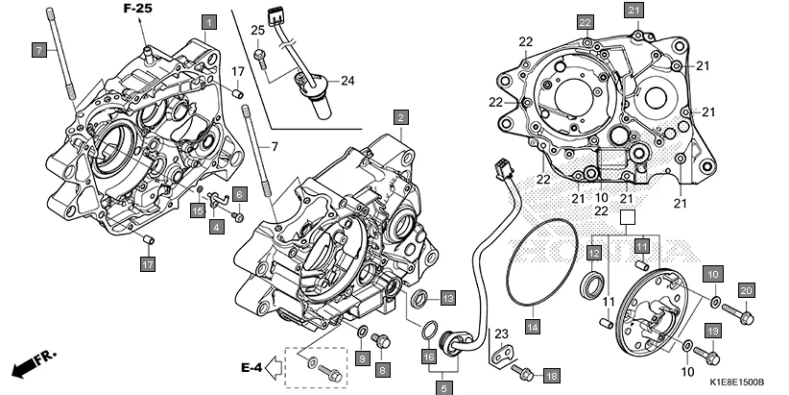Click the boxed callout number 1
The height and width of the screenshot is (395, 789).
208,20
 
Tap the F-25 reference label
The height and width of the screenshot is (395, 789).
137,9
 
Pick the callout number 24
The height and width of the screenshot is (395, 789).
347,81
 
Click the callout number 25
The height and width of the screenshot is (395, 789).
257,31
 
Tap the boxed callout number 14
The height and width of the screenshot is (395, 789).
533,326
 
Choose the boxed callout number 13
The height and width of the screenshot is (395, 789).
447,296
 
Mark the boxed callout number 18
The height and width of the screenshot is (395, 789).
551,374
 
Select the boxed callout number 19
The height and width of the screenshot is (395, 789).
713,332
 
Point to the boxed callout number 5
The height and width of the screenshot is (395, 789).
443,388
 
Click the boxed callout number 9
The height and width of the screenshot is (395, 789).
361,358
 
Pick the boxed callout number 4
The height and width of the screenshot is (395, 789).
216,226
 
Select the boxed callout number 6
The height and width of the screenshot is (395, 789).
239,193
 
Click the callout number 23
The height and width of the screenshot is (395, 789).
500,334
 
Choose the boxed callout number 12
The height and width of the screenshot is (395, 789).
595,252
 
